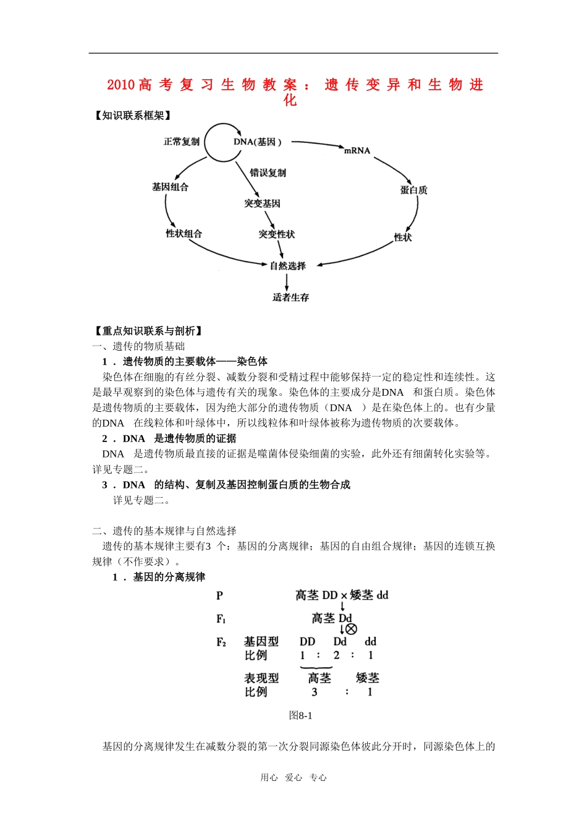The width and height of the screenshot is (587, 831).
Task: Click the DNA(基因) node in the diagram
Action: [258, 142]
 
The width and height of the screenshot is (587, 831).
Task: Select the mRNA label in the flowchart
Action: [357, 150]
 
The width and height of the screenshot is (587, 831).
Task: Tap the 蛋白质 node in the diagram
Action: [413, 190]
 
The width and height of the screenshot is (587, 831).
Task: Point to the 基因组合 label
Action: [170, 187]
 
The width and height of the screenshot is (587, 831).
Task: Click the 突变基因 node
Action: [262, 203]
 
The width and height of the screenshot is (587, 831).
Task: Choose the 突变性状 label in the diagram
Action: [276, 234]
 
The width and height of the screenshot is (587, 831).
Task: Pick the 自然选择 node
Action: [287, 266]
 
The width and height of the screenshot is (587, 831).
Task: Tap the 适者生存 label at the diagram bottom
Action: [290, 297]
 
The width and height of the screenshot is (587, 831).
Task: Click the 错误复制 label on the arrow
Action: [268, 173]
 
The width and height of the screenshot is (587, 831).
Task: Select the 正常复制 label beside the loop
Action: [181, 142]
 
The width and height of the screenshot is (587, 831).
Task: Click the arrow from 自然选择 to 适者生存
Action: [287, 281]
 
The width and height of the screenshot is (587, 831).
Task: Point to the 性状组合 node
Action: [184, 234]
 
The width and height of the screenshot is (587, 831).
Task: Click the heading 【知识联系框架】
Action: [132, 116]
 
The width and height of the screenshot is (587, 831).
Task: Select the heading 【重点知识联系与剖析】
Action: [148, 331]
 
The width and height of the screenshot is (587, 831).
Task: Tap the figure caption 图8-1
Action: [301, 715]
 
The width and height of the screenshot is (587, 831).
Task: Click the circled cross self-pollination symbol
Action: [351, 629]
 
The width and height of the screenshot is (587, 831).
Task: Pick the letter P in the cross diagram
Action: [219, 595]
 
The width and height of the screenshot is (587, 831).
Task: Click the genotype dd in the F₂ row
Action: [370, 642]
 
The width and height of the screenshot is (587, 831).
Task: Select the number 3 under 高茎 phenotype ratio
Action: [315, 692]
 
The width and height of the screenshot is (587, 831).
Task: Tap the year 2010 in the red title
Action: [120, 85]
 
